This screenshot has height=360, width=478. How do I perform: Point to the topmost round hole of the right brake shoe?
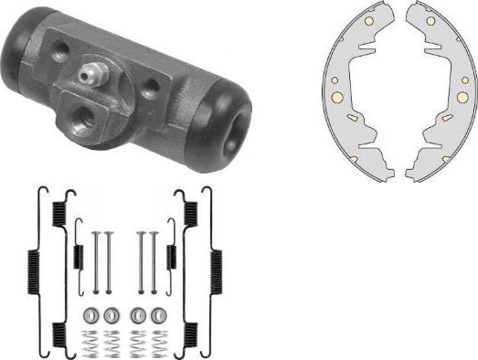coord(428,18)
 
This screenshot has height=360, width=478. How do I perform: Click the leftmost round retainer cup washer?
coord(90,315)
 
